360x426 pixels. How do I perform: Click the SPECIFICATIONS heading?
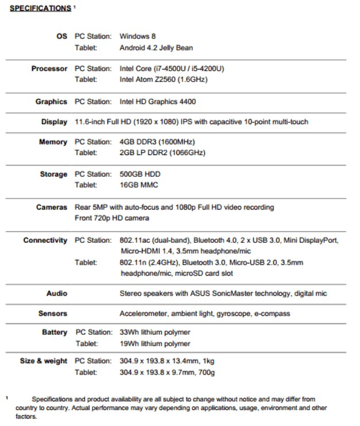tap(39, 9)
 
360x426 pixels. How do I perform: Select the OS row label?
tap(61, 36)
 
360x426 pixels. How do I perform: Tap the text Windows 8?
tap(137, 36)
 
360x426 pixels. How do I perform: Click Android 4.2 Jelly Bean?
tap(157, 47)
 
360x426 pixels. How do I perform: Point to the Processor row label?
tap(49, 68)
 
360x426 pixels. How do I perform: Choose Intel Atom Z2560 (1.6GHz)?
tap(164, 80)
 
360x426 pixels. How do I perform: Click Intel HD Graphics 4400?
tap(157, 102)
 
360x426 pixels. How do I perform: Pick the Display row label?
tap(54, 122)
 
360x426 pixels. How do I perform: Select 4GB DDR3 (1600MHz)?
tap(157, 142)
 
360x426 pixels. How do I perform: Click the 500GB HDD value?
tap(140, 174)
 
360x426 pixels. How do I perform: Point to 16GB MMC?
tap(138, 185)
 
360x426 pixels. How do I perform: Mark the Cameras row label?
tap(52, 207)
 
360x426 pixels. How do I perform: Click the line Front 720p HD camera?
tap(112, 218)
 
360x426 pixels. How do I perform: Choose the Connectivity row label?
tap(45, 240)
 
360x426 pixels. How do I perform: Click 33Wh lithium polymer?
tap(154, 332)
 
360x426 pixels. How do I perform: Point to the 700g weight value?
tap(205, 372)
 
